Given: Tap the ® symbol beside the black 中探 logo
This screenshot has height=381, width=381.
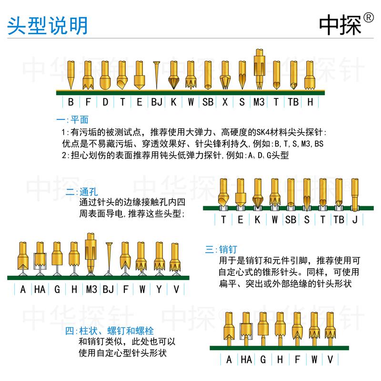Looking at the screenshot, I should [368, 18].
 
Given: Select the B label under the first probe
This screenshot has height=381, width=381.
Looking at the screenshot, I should [70, 102].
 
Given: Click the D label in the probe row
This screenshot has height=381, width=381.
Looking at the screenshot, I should [105, 102].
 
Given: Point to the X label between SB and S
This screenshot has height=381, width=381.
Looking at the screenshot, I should [225, 102].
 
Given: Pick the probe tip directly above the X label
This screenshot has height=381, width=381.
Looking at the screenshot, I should [225, 76].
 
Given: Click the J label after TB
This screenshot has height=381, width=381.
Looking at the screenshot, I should [354, 220].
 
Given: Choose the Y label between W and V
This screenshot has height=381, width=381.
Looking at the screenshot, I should [159, 289].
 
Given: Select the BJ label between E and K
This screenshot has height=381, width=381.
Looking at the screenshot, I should [157, 102].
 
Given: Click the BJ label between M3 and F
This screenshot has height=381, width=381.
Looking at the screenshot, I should [108, 289].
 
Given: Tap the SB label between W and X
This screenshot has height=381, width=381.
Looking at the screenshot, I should [208, 102].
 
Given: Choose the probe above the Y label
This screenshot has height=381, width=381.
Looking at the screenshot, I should [159, 257].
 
